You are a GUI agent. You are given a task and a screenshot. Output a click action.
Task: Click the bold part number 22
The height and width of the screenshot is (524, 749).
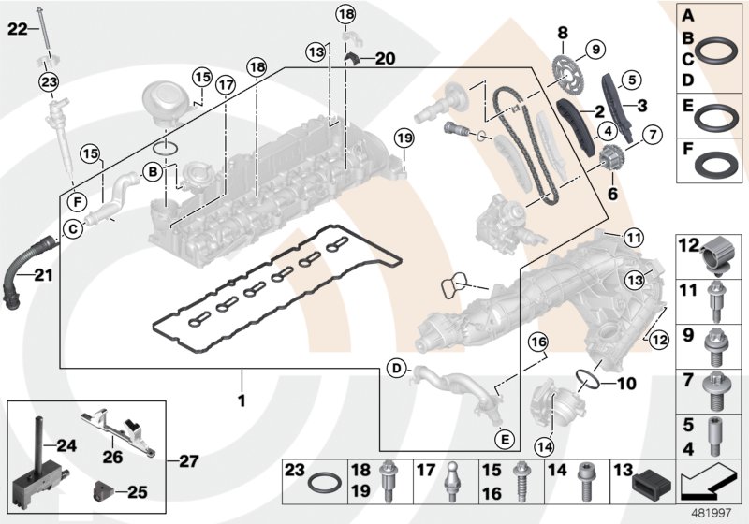[18, 30]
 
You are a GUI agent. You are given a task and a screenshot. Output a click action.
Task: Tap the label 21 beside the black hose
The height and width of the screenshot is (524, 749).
[45, 274]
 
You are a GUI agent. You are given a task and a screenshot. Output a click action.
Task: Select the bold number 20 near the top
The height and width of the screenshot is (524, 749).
[385, 59]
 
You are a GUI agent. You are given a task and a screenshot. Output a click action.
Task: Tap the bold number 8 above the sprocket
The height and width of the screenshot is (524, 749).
[563, 33]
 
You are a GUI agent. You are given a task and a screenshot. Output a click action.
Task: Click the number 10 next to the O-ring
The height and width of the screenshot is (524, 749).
[626, 383]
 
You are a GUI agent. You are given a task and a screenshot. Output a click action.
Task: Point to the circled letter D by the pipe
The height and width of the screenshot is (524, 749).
[397, 370]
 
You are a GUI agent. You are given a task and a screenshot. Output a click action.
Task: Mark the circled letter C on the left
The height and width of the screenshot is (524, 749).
[70, 227]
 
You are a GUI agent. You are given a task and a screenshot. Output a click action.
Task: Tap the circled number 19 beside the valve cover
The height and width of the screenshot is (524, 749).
[403, 139]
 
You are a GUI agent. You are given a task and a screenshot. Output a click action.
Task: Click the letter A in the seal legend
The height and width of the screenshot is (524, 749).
[687, 15]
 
